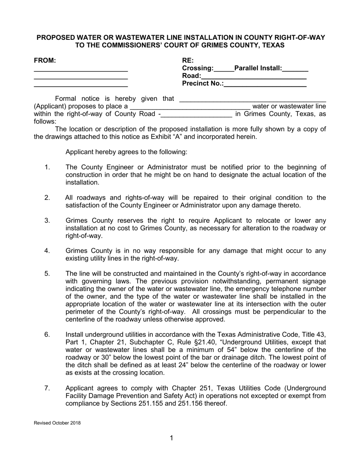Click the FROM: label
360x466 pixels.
pyautogui.click(x=45, y=60)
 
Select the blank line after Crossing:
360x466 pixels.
pyautogui.click(x=224, y=70)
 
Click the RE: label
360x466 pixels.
pyautogui.click(x=188, y=60)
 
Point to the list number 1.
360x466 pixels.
pyautogui.click(x=47, y=167)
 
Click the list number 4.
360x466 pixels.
pyautogui.click(x=47, y=251)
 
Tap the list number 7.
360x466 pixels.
pyautogui.click(x=47, y=388)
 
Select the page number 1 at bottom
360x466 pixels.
pyautogui.click(x=171, y=438)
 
